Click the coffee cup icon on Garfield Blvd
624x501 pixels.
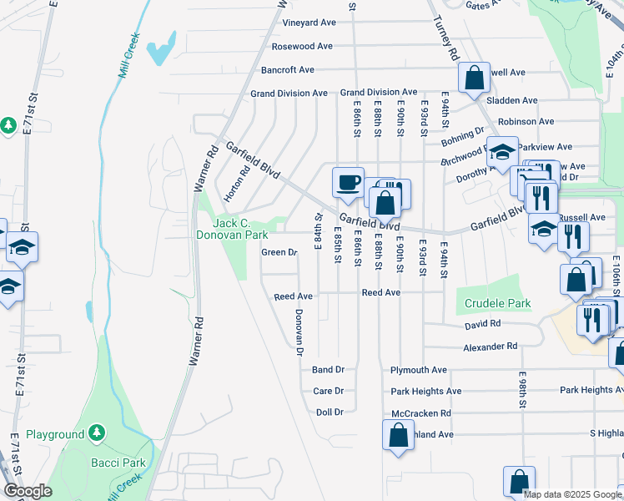tap(348, 181)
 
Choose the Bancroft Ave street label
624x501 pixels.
tap(287, 69)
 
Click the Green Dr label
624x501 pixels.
tap(279, 252)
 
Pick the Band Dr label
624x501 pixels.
tap(328, 369)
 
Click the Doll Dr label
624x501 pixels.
tap(330, 412)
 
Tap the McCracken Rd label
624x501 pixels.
tap(421, 412)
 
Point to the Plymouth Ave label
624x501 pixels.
tap(419, 369)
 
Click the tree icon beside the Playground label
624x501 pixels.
tap(98, 433)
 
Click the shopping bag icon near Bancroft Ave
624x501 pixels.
tap(474, 78)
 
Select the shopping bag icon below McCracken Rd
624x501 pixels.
tap(398, 434)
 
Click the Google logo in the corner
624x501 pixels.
tap(28, 491)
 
